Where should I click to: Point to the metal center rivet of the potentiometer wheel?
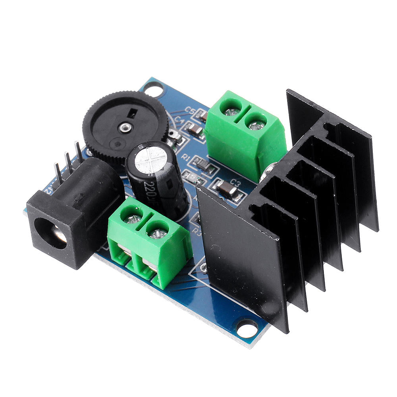[x=125, y=127]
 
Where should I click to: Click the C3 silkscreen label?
[x=235, y=183]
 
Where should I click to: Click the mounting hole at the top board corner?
[x=153, y=89]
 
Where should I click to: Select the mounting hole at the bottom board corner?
[x=247, y=329]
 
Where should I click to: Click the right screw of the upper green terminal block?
[x=256, y=123]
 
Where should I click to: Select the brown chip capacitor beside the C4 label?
[x=194, y=128]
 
